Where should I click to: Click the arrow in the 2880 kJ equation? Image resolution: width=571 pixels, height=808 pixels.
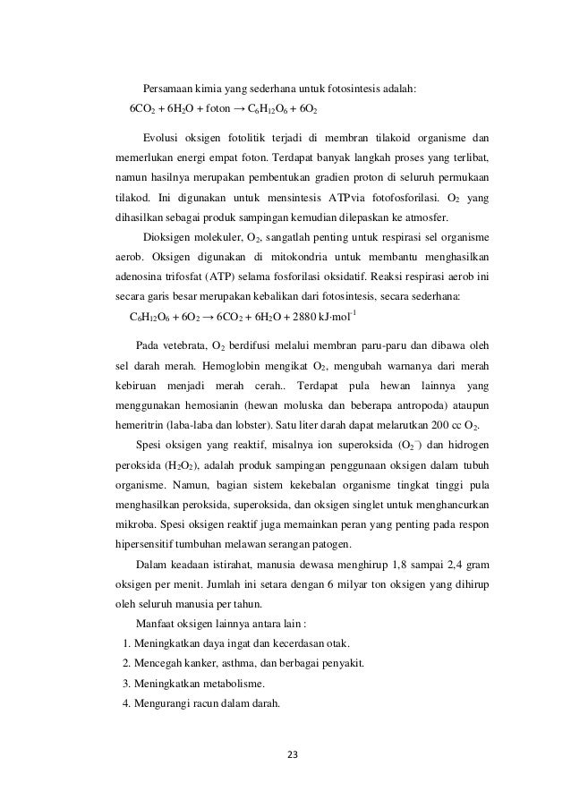click(x=209, y=317)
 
